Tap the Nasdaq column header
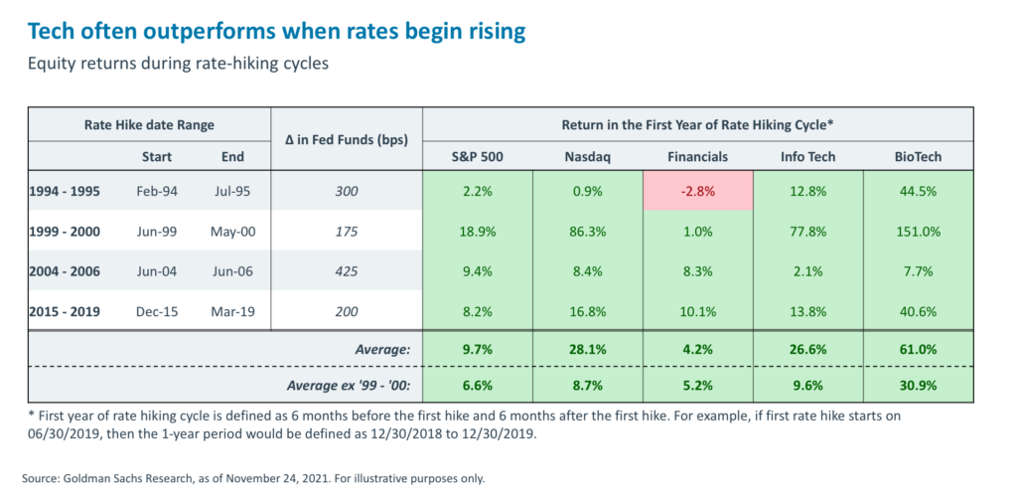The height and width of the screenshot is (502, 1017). tap(588, 156)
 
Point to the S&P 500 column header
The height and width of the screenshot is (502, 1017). tap(478, 156)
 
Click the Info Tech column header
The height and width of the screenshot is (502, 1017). tap(807, 156)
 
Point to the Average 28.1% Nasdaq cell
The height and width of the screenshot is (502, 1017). tap(588, 349)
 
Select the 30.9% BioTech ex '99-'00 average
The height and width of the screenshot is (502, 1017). tap(918, 385)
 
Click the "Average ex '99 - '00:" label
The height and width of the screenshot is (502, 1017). tap(342, 385)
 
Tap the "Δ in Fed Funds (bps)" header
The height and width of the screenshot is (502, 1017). tap(347, 140)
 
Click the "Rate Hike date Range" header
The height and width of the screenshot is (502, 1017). tap(149, 125)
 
